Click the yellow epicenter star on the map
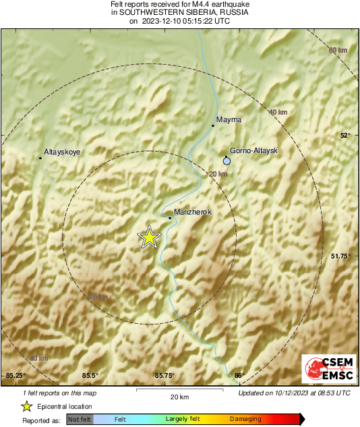150,237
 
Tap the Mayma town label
228,119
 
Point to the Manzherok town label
193,212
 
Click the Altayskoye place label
62,152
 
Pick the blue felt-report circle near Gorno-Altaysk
227,161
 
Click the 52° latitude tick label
345,135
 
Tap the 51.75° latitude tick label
340,256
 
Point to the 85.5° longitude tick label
90,375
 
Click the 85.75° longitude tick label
164,375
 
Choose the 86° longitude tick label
238,375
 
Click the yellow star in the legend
26,407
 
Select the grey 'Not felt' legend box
80,420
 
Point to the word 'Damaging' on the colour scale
245,420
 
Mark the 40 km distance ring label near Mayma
278,112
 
